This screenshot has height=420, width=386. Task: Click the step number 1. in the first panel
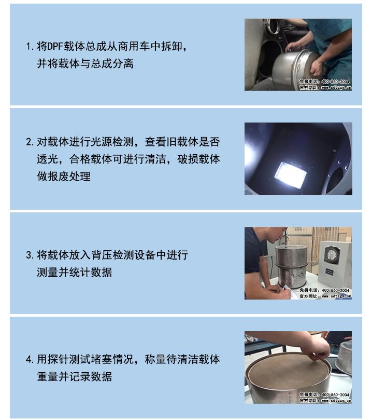[30, 47]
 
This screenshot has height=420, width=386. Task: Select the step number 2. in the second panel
[30, 142]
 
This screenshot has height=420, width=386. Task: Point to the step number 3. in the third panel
[30, 255]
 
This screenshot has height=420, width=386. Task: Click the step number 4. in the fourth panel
[30, 359]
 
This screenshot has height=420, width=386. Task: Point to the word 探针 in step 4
[58, 359]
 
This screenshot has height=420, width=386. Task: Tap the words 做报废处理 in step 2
[64, 176]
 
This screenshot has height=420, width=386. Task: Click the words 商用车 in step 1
[134, 46]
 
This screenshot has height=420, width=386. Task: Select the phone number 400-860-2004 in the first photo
[335, 82]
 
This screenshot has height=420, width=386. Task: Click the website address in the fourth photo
[336, 400]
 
